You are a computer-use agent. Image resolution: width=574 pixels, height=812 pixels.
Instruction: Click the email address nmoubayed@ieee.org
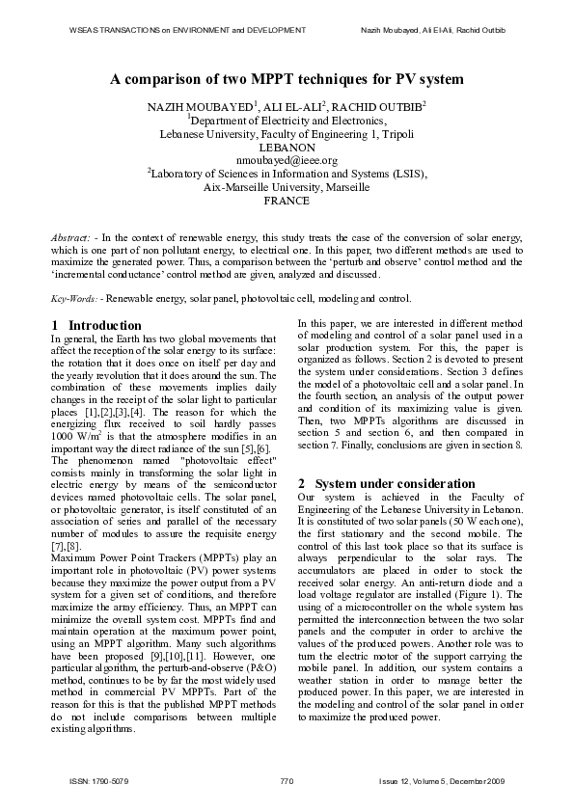pyautogui.click(x=287, y=160)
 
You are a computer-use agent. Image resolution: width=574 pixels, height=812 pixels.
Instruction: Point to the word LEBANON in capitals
pyautogui.click(x=287, y=147)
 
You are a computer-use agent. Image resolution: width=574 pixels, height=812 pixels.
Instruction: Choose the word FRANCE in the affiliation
pyautogui.click(x=287, y=201)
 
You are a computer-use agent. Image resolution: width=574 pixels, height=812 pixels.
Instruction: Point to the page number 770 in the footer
pyautogui.click(x=287, y=778)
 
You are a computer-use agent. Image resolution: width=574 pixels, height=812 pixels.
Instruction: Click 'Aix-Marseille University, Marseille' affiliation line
pyautogui.click(x=287, y=187)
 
